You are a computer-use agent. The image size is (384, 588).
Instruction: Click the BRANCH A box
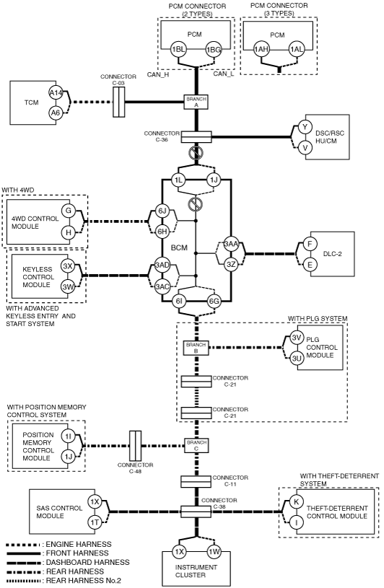click(196, 102)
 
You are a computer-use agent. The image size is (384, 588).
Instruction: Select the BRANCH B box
click(196, 348)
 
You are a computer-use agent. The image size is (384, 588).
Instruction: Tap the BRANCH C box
click(196, 445)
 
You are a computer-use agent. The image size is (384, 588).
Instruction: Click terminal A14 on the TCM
click(56, 93)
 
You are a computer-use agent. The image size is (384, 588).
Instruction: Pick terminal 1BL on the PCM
click(178, 49)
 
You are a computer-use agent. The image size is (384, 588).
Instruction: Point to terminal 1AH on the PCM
click(261, 49)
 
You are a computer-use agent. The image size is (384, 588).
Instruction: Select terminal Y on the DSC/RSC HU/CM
click(305, 127)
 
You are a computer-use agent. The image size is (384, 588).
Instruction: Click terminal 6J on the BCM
click(162, 211)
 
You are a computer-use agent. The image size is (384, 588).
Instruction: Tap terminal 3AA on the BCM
click(231, 244)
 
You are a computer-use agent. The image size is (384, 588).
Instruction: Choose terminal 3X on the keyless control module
click(68, 267)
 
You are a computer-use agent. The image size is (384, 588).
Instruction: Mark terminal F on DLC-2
click(310, 244)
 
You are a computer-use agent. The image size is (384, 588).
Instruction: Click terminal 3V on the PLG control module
click(297, 337)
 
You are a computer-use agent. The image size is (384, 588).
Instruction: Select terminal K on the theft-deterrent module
click(296, 502)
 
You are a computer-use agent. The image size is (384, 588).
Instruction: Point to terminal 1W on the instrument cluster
click(214, 552)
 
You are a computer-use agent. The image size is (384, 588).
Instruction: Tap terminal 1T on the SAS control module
click(95, 522)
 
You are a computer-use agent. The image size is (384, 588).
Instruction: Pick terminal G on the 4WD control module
click(69, 211)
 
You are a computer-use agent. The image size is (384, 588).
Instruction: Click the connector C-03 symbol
click(119, 102)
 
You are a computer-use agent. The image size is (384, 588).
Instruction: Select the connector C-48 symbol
click(136, 445)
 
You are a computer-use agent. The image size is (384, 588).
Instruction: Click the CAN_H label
click(158, 74)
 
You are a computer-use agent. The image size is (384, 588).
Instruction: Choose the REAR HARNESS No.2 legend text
click(84, 581)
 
